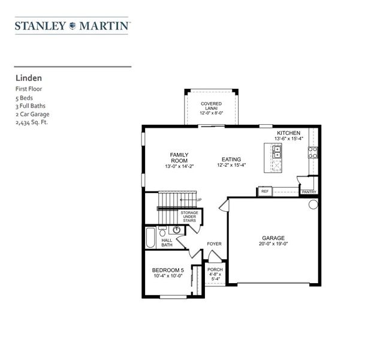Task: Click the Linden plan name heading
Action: [28, 77]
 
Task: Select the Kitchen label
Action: [288, 133]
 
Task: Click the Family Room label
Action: [179, 158]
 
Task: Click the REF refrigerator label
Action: [264, 192]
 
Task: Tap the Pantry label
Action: [308, 192]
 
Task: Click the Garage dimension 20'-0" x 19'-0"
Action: [273, 244]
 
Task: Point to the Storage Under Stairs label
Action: [189, 216]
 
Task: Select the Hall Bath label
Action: [167, 242]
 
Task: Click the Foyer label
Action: [214, 244]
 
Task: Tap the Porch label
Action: [215, 269]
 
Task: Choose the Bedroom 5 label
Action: [168, 270]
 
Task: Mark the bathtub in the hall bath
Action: [151, 238]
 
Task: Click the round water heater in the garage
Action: [313, 205]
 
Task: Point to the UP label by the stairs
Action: [198, 200]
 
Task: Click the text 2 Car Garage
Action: [32, 113]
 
